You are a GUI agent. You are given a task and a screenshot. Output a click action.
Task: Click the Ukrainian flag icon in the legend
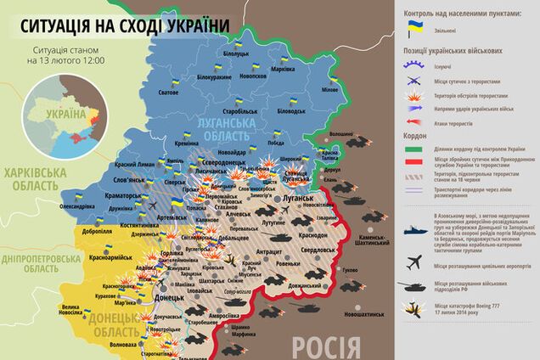pos(415,28)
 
